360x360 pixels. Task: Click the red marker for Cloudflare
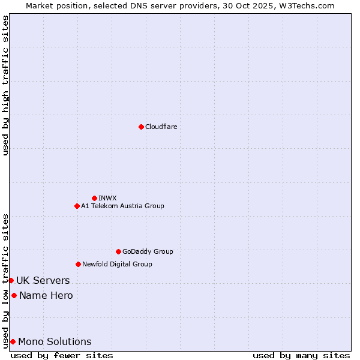[141, 127]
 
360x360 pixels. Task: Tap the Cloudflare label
[161, 127]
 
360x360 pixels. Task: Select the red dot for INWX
[94, 198]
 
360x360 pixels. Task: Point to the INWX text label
[107, 198]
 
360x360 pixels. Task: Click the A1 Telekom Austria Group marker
[77, 206]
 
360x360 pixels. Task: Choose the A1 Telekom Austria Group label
[122, 206]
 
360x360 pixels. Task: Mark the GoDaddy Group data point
[118, 251]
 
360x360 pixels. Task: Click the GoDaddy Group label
[148, 251]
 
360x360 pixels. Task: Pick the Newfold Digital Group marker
[78, 264]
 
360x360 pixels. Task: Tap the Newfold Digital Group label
[117, 264]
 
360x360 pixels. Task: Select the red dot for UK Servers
[11, 280]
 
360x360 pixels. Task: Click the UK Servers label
[43, 280]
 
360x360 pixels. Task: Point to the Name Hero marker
[14, 295]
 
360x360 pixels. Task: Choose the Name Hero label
[46, 295]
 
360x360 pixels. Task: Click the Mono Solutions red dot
[13, 341]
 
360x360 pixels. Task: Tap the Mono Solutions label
[55, 341]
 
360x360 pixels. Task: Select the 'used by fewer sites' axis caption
[62, 355]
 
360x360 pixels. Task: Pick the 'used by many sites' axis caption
[301, 355]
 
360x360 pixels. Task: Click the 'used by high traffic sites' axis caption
[5, 85]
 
